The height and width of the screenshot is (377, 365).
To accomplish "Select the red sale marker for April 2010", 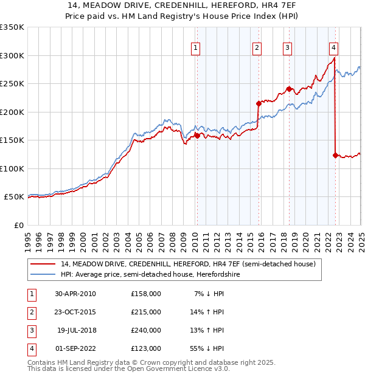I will pyautogui.click(x=197, y=136).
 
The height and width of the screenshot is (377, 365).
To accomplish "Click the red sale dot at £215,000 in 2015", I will pyautogui.click(x=259, y=103).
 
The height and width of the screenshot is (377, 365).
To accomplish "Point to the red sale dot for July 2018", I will pyautogui.click(x=289, y=89).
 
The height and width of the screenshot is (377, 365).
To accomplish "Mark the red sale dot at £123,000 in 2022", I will pyautogui.click(x=335, y=155).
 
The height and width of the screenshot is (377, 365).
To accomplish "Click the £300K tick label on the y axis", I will pyautogui.click(x=12, y=55).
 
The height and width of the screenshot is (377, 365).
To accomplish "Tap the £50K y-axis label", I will pyautogui.click(x=14, y=197).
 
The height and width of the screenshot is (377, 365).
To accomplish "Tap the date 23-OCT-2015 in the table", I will pyautogui.click(x=75, y=312).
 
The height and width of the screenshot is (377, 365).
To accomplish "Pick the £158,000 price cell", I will pyautogui.click(x=146, y=294).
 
